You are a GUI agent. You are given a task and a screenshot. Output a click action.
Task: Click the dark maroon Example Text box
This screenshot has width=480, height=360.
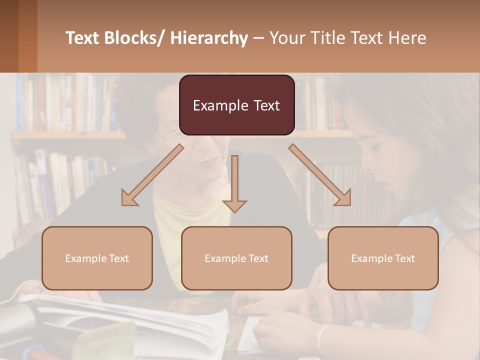pyautogui.click(x=236, y=105)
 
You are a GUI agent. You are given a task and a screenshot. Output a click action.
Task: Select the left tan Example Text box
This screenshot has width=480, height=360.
pyautogui.click(x=97, y=258)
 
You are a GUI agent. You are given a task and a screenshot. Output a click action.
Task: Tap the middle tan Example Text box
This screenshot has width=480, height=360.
pyautogui.click(x=236, y=258)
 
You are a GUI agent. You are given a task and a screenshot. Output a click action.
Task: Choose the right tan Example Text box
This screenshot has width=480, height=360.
pyautogui.click(x=383, y=258)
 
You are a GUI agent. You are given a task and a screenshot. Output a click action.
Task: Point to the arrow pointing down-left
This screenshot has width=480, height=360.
pyautogui.click(x=152, y=175)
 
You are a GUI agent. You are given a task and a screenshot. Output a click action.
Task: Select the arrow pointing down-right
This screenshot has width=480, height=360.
pyautogui.click(x=320, y=175)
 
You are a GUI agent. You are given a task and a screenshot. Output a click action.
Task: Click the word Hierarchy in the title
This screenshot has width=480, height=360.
pyautogui.click(x=209, y=38)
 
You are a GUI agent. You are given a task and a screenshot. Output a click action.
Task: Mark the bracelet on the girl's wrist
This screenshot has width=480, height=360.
pyautogui.click(x=323, y=337)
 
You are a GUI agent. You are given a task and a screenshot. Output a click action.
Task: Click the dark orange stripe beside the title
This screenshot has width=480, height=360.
pyautogui.click(x=27, y=36)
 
